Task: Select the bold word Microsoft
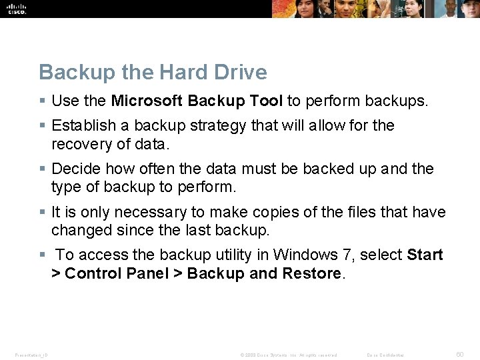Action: (x=147, y=101)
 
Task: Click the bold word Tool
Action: (x=266, y=101)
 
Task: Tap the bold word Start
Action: (x=425, y=255)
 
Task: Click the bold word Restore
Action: (x=311, y=273)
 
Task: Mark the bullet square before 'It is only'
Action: (x=42, y=213)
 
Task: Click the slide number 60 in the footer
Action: (x=459, y=355)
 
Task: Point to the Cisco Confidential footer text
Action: (x=385, y=355)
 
